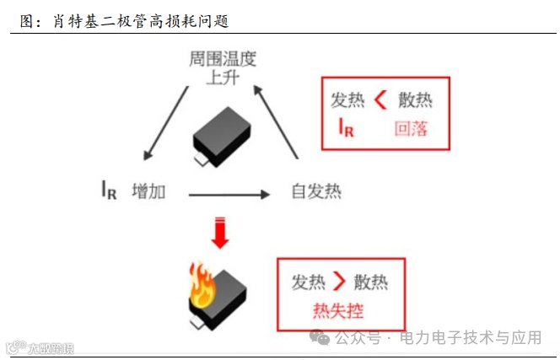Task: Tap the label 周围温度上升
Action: click(x=222, y=68)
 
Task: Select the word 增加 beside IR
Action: click(x=149, y=191)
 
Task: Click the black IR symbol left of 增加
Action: click(x=108, y=191)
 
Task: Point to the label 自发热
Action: click(x=315, y=191)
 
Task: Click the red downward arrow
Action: click(x=220, y=233)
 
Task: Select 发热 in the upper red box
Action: click(x=347, y=100)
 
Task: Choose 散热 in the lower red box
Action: click(x=371, y=282)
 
